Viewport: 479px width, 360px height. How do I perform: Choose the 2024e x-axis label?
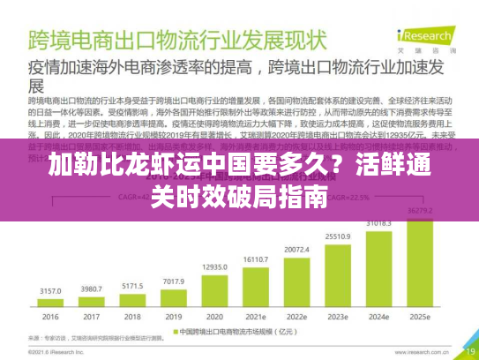click(x=378, y=316)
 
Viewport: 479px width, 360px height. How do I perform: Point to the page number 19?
click(x=457, y=349)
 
